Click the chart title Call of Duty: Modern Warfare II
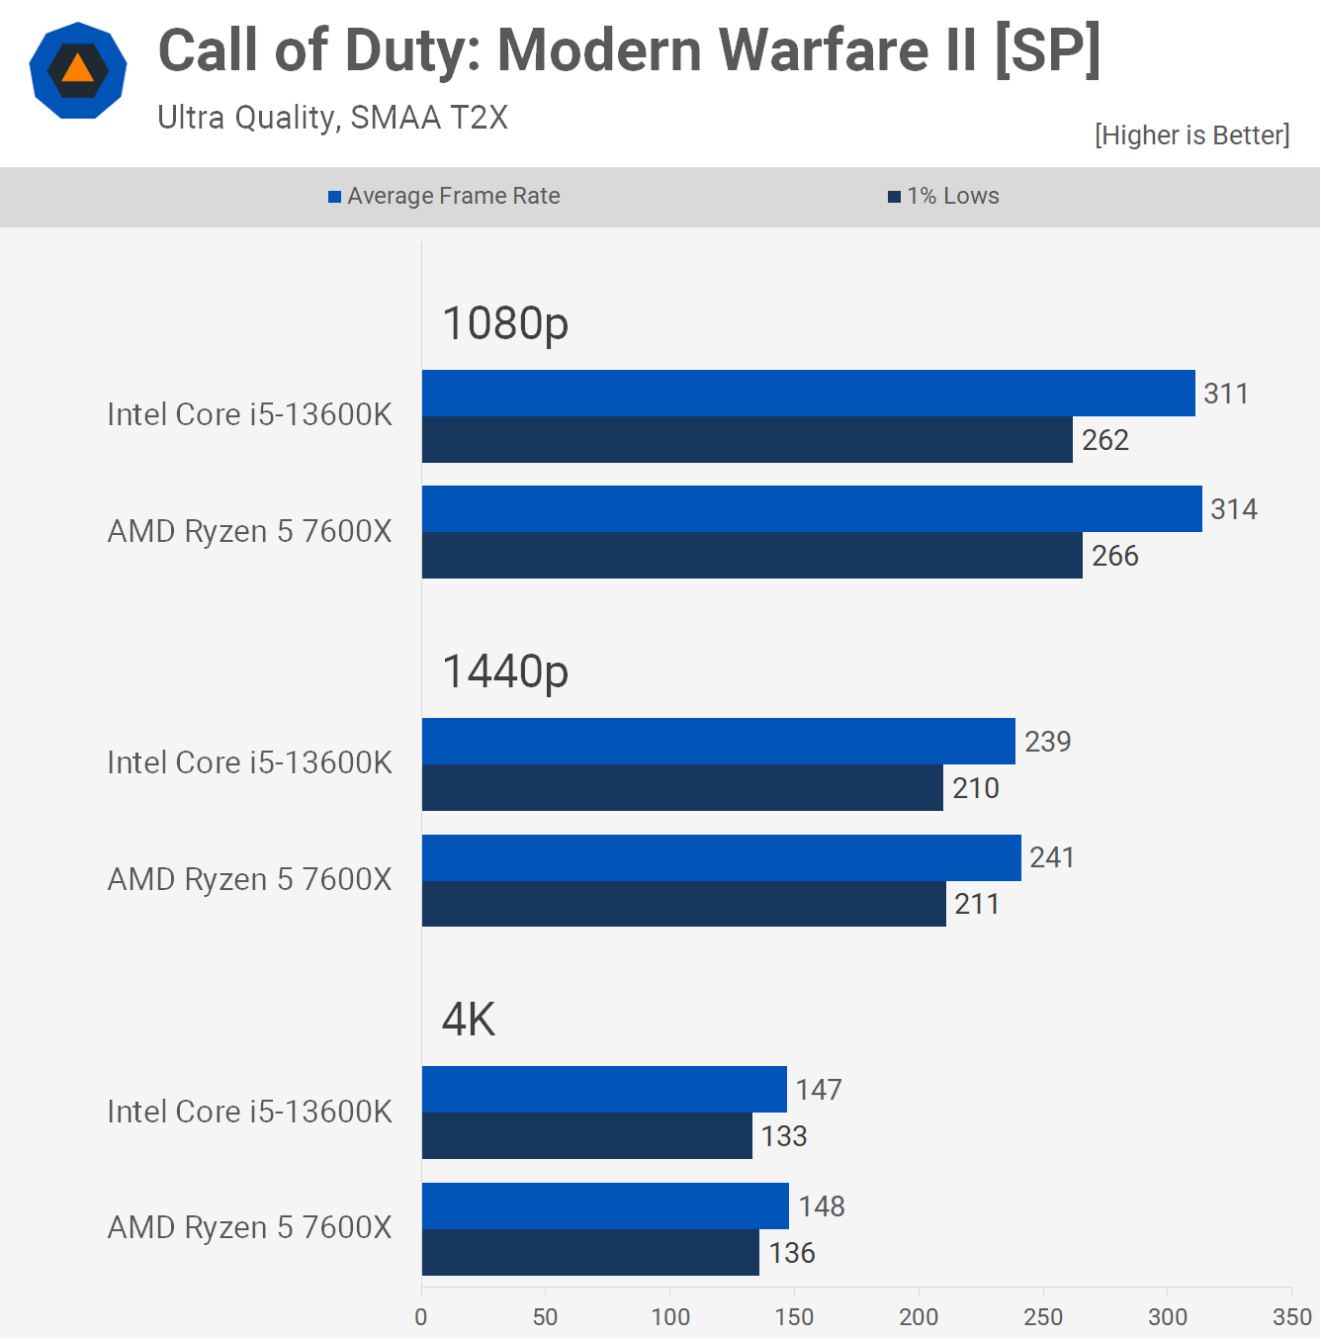click(x=629, y=50)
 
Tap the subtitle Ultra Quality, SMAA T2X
click(x=332, y=118)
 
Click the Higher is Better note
click(x=1191, y=135)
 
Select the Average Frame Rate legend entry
click(x=444, y=196)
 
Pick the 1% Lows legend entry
click(x=944, y=196)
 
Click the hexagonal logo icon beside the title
click(x=78, y=70)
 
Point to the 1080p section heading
click(x=505, y=323)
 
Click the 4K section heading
click(x=469, y=1020)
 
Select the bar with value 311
click(x=808, y=394)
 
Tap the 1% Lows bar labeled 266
click(x=751, y=556)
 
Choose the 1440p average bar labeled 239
click(x=718, y=742)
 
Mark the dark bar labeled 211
click(x=683, y=904)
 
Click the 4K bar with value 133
click(x=586, y=1136)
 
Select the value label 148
click(x=822, y=1206)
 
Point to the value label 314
click(x=1234, y=509)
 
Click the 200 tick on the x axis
click(x=919, y=1317)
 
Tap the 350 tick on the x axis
click(x=1292, y=1317)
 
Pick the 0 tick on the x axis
click(x=421, y=1317)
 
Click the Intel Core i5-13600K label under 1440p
click(x=249, y=763)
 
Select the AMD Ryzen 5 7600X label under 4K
click(x=249, y=1228)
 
